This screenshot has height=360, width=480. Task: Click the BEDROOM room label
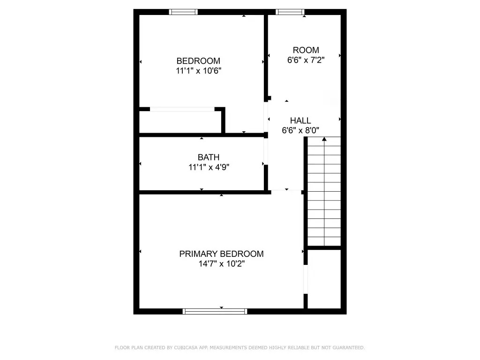point(198,60)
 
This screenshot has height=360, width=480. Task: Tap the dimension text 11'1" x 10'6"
point(198,71)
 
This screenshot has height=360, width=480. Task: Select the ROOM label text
point(306,50)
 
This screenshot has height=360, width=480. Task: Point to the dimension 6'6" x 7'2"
point(306,60)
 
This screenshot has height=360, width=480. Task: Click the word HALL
point(300,120)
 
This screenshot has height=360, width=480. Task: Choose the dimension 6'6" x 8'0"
point(300,130)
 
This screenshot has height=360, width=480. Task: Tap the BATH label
point(209,157)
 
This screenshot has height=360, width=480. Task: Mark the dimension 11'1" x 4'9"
point(209,167)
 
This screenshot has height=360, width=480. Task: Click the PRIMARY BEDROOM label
point(221,254)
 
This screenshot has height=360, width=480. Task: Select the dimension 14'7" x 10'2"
point(222,263)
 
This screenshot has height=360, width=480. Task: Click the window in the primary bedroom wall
point(215,311)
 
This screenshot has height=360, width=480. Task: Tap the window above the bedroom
point(183,12)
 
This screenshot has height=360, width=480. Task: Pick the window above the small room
point(290,12)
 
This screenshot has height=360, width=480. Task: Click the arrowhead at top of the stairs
point(324,139)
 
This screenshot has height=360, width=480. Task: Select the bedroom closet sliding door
point(182,109)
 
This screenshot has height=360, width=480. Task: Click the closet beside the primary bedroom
point(324,279)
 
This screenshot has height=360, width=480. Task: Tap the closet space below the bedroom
point(180,122)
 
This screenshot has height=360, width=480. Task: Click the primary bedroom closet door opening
point(306,279)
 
